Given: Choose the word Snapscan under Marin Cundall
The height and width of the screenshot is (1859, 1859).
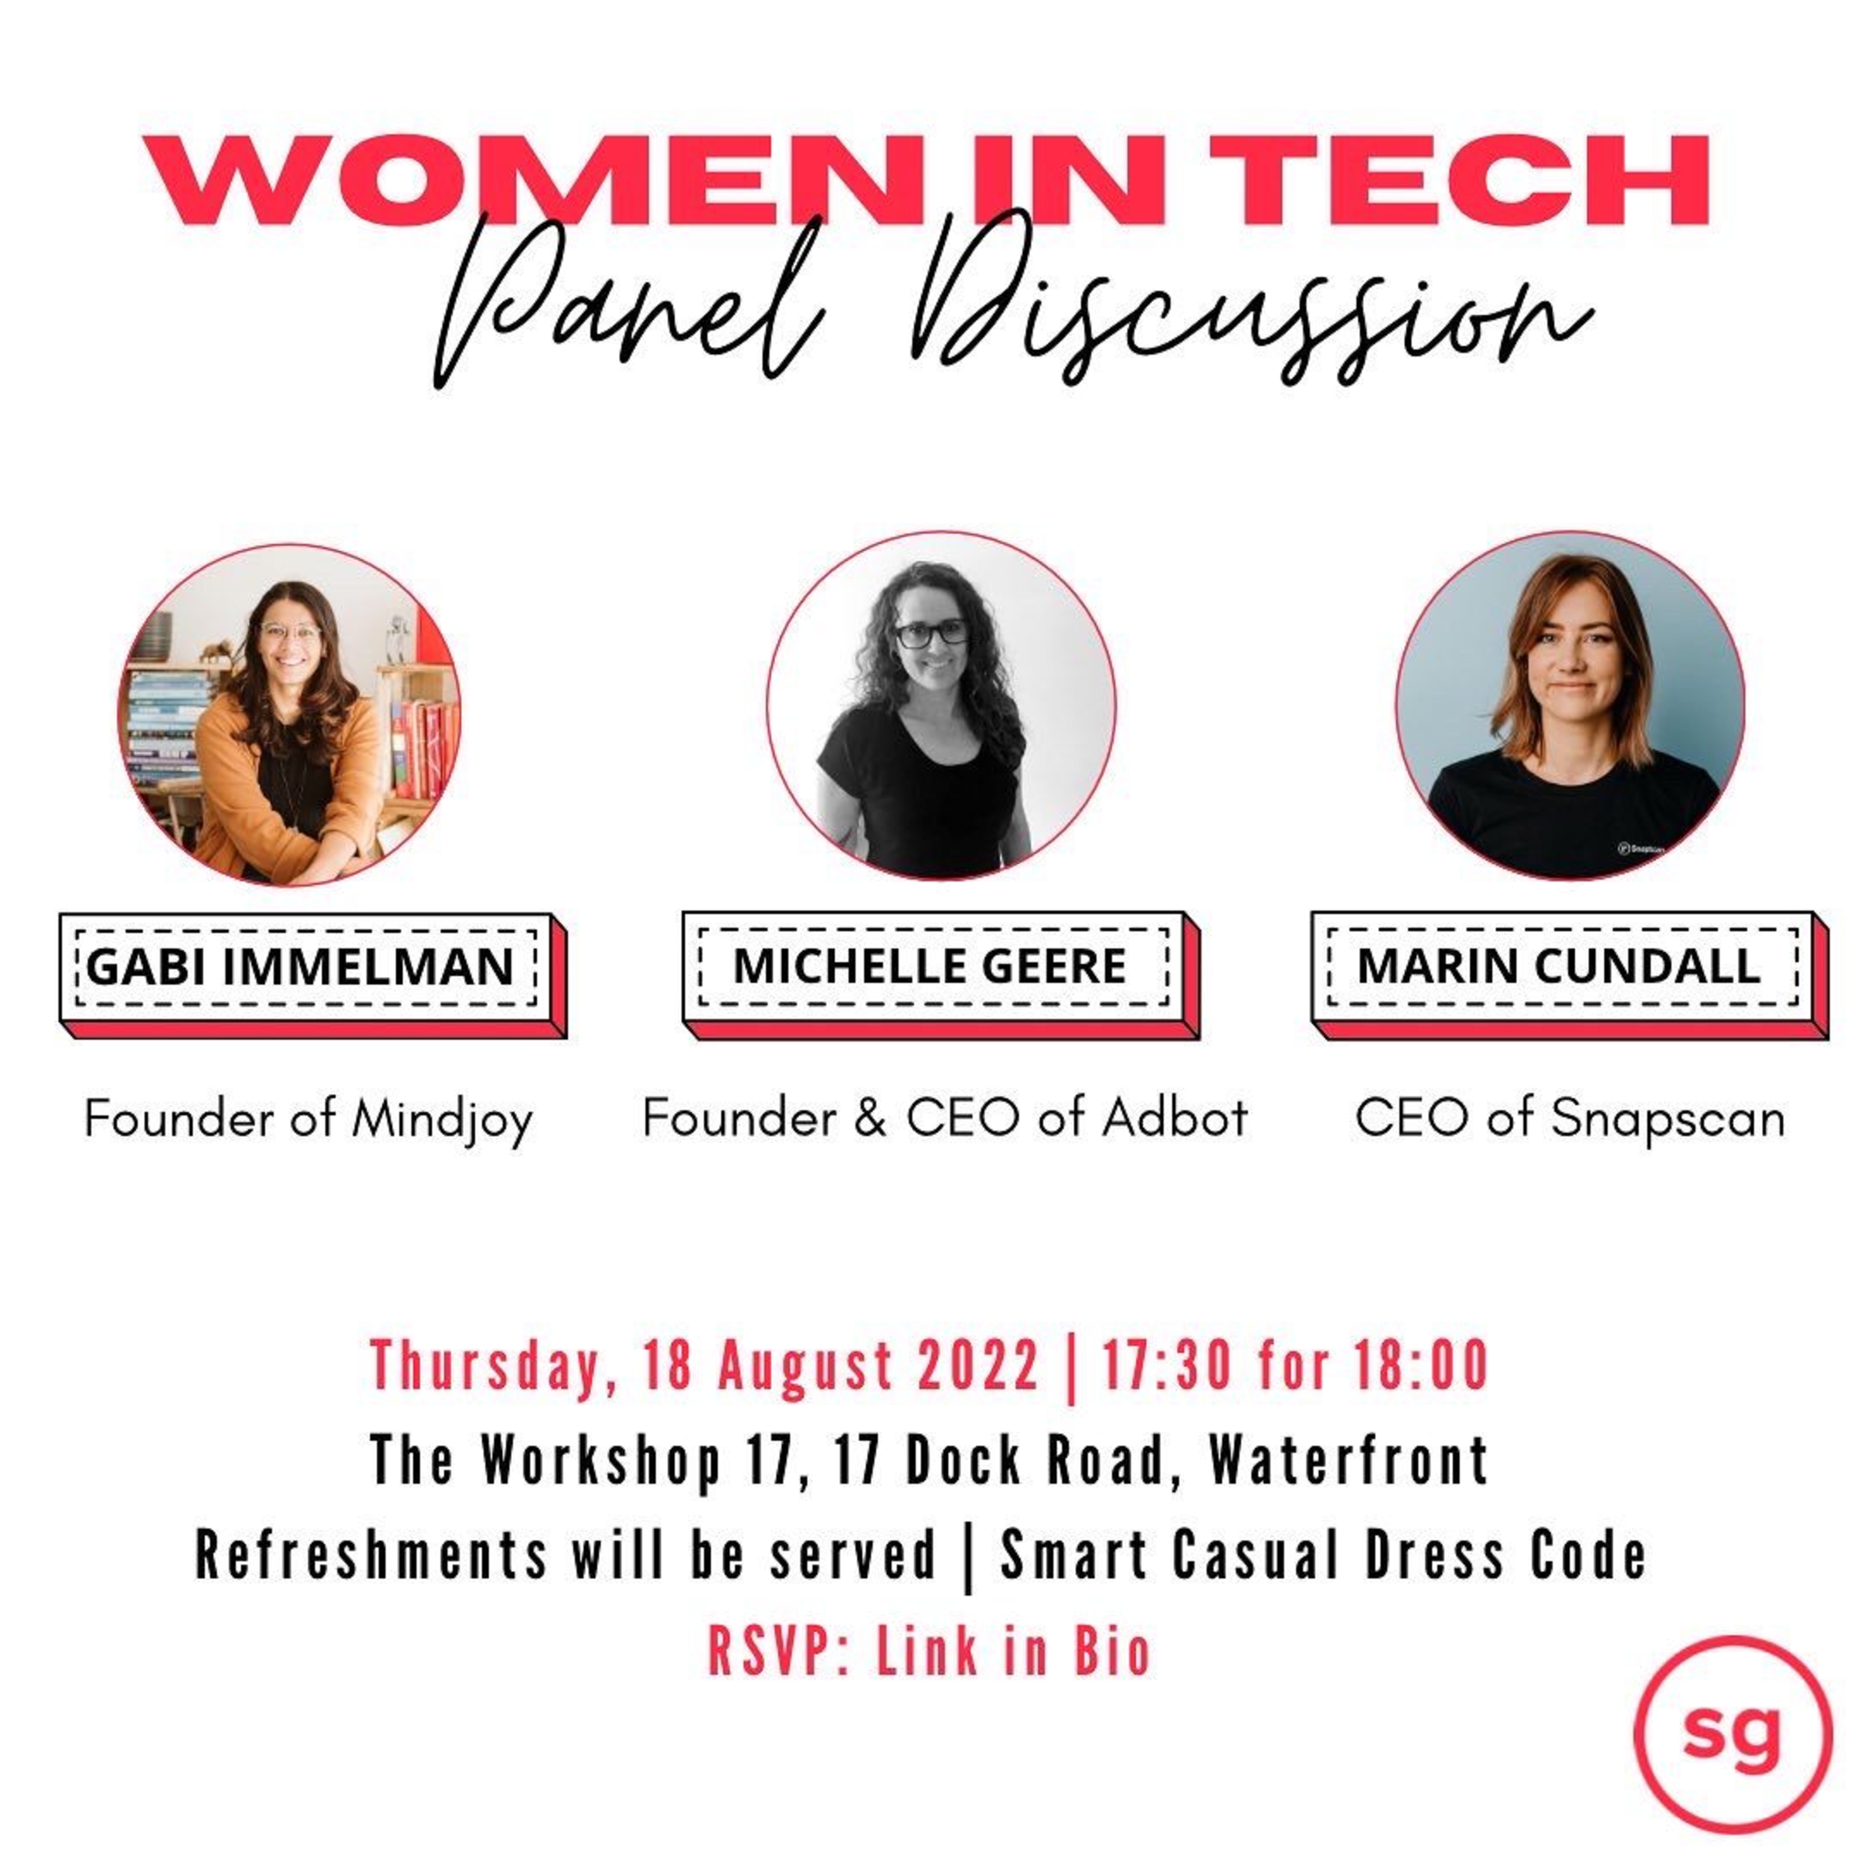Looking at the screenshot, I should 1669,1119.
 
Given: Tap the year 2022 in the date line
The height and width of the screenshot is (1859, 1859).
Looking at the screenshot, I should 978,1365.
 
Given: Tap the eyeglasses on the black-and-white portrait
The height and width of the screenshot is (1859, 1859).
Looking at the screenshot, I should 931,633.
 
